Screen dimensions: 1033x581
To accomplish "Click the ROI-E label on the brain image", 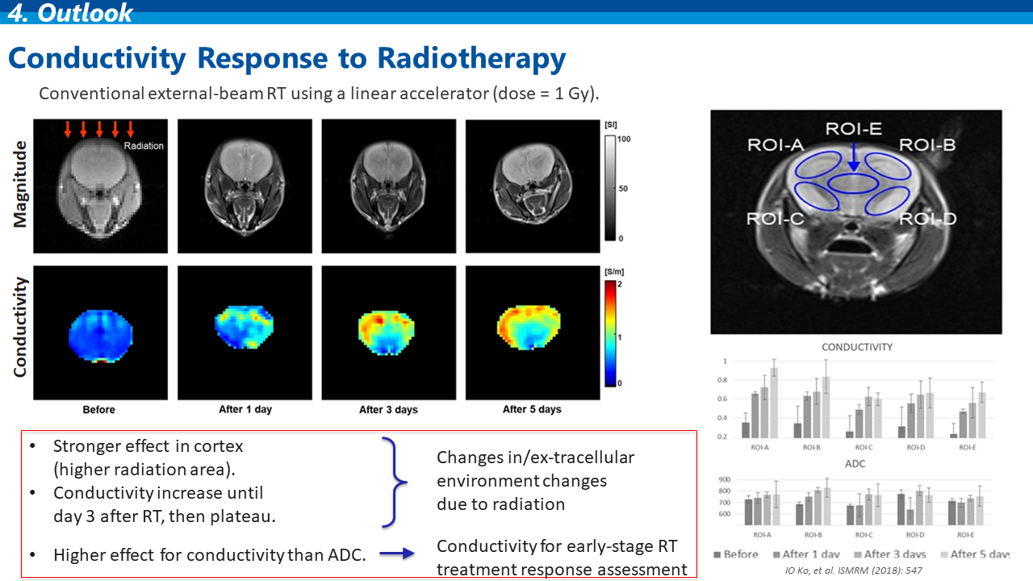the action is [x=854, y=128].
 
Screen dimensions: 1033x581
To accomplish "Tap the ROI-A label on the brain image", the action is [x=776, y=145].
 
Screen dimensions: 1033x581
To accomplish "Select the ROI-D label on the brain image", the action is [x=928, y=219].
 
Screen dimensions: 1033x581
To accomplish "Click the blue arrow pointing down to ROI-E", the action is [x=854, y=157].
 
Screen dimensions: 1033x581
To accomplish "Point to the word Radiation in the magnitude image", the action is [x=144, y=146].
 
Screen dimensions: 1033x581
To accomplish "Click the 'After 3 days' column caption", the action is [x=388, y=409].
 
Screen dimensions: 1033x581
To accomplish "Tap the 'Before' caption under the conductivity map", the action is [x=98, y=409].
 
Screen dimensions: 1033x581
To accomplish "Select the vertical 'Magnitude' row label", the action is [x=20, y=185].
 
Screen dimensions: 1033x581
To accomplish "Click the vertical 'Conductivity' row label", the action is [x=20, y=327].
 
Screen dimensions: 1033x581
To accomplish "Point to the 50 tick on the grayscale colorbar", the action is [x=623, y=189].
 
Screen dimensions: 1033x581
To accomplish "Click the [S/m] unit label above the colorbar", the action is [x=614, y=272].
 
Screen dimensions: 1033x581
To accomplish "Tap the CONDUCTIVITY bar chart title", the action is [x=857, y=347].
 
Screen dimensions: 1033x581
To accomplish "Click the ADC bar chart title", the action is [x=855, y=464].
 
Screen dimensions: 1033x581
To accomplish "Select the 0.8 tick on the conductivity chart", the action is [x=722, y=380].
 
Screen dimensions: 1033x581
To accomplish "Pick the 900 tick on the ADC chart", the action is [x=725, y=479].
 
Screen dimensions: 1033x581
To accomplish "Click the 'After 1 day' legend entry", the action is [x=806, y=554].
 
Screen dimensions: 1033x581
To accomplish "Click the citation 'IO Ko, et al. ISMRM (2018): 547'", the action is [x=854, y=571].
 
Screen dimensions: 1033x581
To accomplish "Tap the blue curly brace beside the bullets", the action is [x=395, y=482].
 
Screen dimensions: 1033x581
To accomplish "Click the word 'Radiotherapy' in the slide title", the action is [x=471, y=59].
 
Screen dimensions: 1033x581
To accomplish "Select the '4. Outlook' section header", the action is [x=70, y=12].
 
